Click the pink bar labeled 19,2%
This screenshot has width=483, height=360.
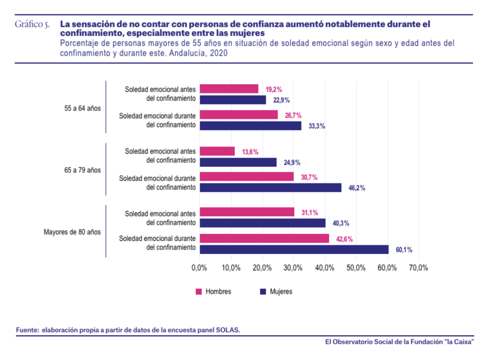click(x=229, y=89)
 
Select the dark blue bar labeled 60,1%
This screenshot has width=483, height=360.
click(x=294, y=250)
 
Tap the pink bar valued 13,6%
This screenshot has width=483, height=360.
click(x=217, y=151)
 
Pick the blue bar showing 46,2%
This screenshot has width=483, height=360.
click(x=270, y=188)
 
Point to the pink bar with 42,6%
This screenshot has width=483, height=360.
click(x=264, y=238)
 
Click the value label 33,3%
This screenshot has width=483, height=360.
click(x=317, y=126)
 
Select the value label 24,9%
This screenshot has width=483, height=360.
click(x=292, y=162)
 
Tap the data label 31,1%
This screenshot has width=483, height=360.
click(x=310, y=212)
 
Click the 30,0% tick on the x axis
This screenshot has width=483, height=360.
click(x=293, y=268)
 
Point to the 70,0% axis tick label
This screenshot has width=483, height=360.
click(x=418, y=268)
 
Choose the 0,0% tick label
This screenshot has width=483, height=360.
click(x=199, y=268)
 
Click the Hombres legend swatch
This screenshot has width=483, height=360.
click(x=199, y=292)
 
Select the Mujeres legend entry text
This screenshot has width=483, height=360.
click(x=281, y=292)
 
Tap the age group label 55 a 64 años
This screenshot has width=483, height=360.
click(x=83, y=108)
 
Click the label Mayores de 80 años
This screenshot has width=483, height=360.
click(x=72, y=232)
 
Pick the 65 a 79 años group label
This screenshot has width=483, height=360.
click(x=83, y=170)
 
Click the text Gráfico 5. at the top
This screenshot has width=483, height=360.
click(x=32, y=24)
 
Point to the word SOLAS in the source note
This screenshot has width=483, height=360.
click(x=227, y=330)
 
